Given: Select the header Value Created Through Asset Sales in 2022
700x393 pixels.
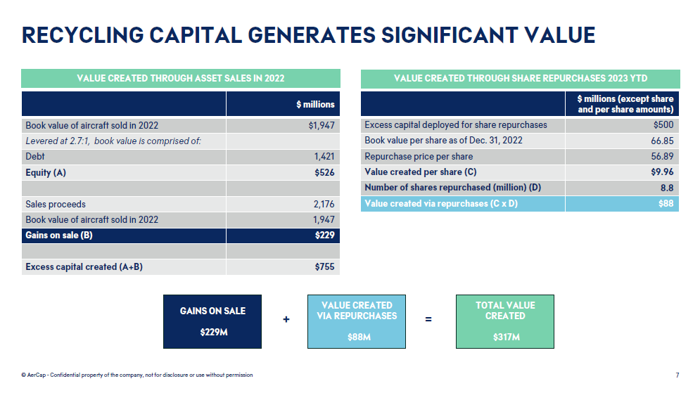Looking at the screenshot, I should (x=181, y=78).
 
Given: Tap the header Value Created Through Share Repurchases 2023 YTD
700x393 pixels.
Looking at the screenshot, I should (x=520, y=78).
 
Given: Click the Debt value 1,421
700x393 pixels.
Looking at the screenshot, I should (x=324, y=157).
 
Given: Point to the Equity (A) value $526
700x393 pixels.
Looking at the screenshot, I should (x=324, y=172).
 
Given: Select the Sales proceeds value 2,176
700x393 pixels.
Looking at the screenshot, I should (x=324, y=204).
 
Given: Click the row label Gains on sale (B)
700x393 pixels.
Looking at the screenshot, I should (x=59, y=236).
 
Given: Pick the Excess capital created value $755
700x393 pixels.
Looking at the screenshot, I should (x=324, y=267).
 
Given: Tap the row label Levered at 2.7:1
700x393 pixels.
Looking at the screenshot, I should (x=113, y=141).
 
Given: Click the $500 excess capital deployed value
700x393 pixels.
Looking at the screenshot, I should (x=663, y=125).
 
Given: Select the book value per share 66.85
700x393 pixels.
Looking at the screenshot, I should (x=662, y=141).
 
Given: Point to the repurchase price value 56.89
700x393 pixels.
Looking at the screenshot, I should (x=662, y=156).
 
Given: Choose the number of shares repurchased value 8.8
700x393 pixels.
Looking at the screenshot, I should (x=666, y=188).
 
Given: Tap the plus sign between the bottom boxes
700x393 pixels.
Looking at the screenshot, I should (x=286, y=320).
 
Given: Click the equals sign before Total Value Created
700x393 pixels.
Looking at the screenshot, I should (x=428, y=320).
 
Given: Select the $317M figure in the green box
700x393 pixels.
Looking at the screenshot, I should (x=504, y=337).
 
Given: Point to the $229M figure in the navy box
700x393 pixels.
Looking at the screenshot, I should (x=213, y=332).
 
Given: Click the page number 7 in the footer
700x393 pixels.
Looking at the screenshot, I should (x=677, y=375).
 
